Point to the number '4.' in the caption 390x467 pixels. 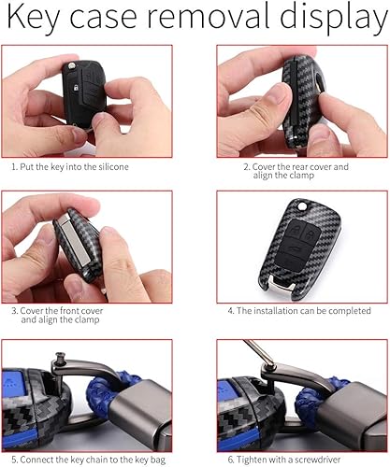(x=232, y=309)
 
